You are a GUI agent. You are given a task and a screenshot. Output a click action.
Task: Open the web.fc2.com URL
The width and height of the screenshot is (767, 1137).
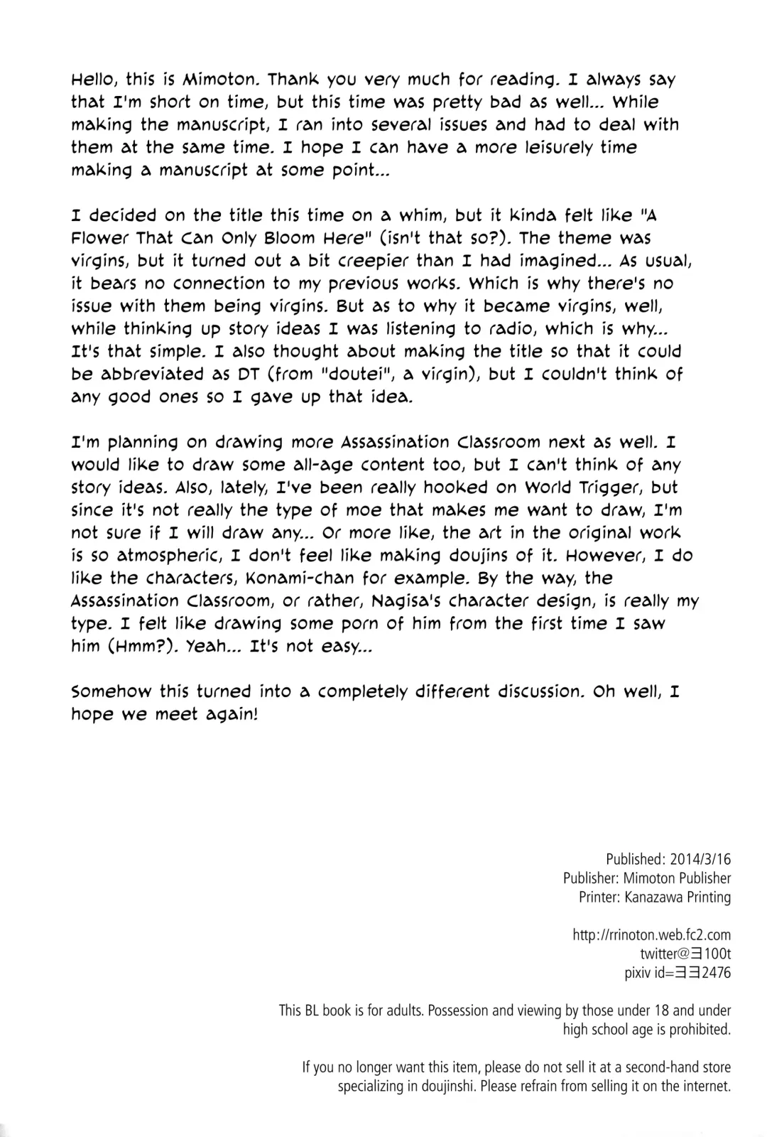(x=651, y=935)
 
